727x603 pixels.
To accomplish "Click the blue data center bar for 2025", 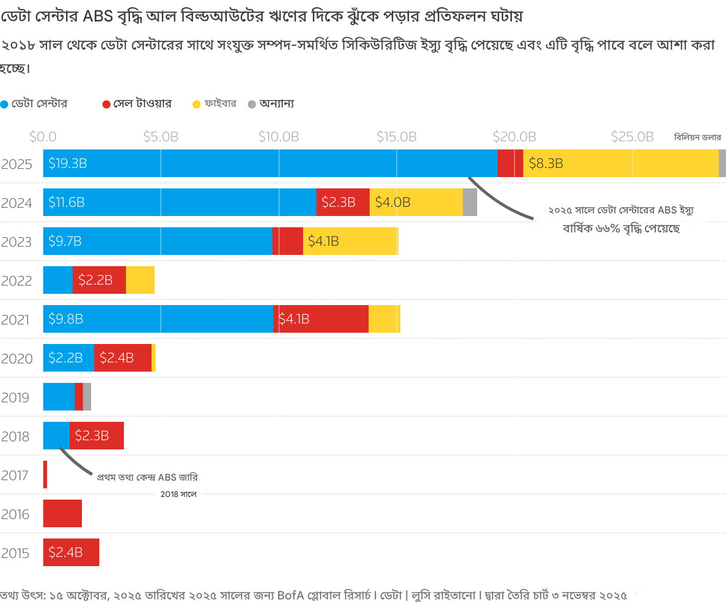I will click(270, 163).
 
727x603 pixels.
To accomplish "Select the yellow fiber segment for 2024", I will click(416, 202).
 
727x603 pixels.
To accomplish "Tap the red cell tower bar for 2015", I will click(71, 552).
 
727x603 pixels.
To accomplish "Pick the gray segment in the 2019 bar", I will click(87, 397).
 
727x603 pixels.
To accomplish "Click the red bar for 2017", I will click(45, 475).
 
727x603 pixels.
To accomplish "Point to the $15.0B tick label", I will click(396, 137).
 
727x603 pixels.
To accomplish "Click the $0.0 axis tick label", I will click(43, 137).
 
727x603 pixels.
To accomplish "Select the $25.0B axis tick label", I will click(632, 137).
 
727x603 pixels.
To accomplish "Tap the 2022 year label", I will click(16, 281).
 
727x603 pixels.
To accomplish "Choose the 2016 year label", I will click(15, 514).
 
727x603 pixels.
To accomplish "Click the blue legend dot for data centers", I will click(5, 104).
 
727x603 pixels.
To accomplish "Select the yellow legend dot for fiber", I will click(197, 104).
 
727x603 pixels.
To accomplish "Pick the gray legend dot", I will click(252, 104).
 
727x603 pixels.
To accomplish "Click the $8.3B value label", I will click(546, 164).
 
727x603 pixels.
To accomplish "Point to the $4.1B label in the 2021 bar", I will click(294, 319).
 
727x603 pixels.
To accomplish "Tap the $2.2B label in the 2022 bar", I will click(95, 281).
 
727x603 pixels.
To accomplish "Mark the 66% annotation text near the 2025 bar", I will click(621, 228).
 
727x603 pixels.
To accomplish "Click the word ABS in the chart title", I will click(98, 16).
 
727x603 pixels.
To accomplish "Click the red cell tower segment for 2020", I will click(123, 358).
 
